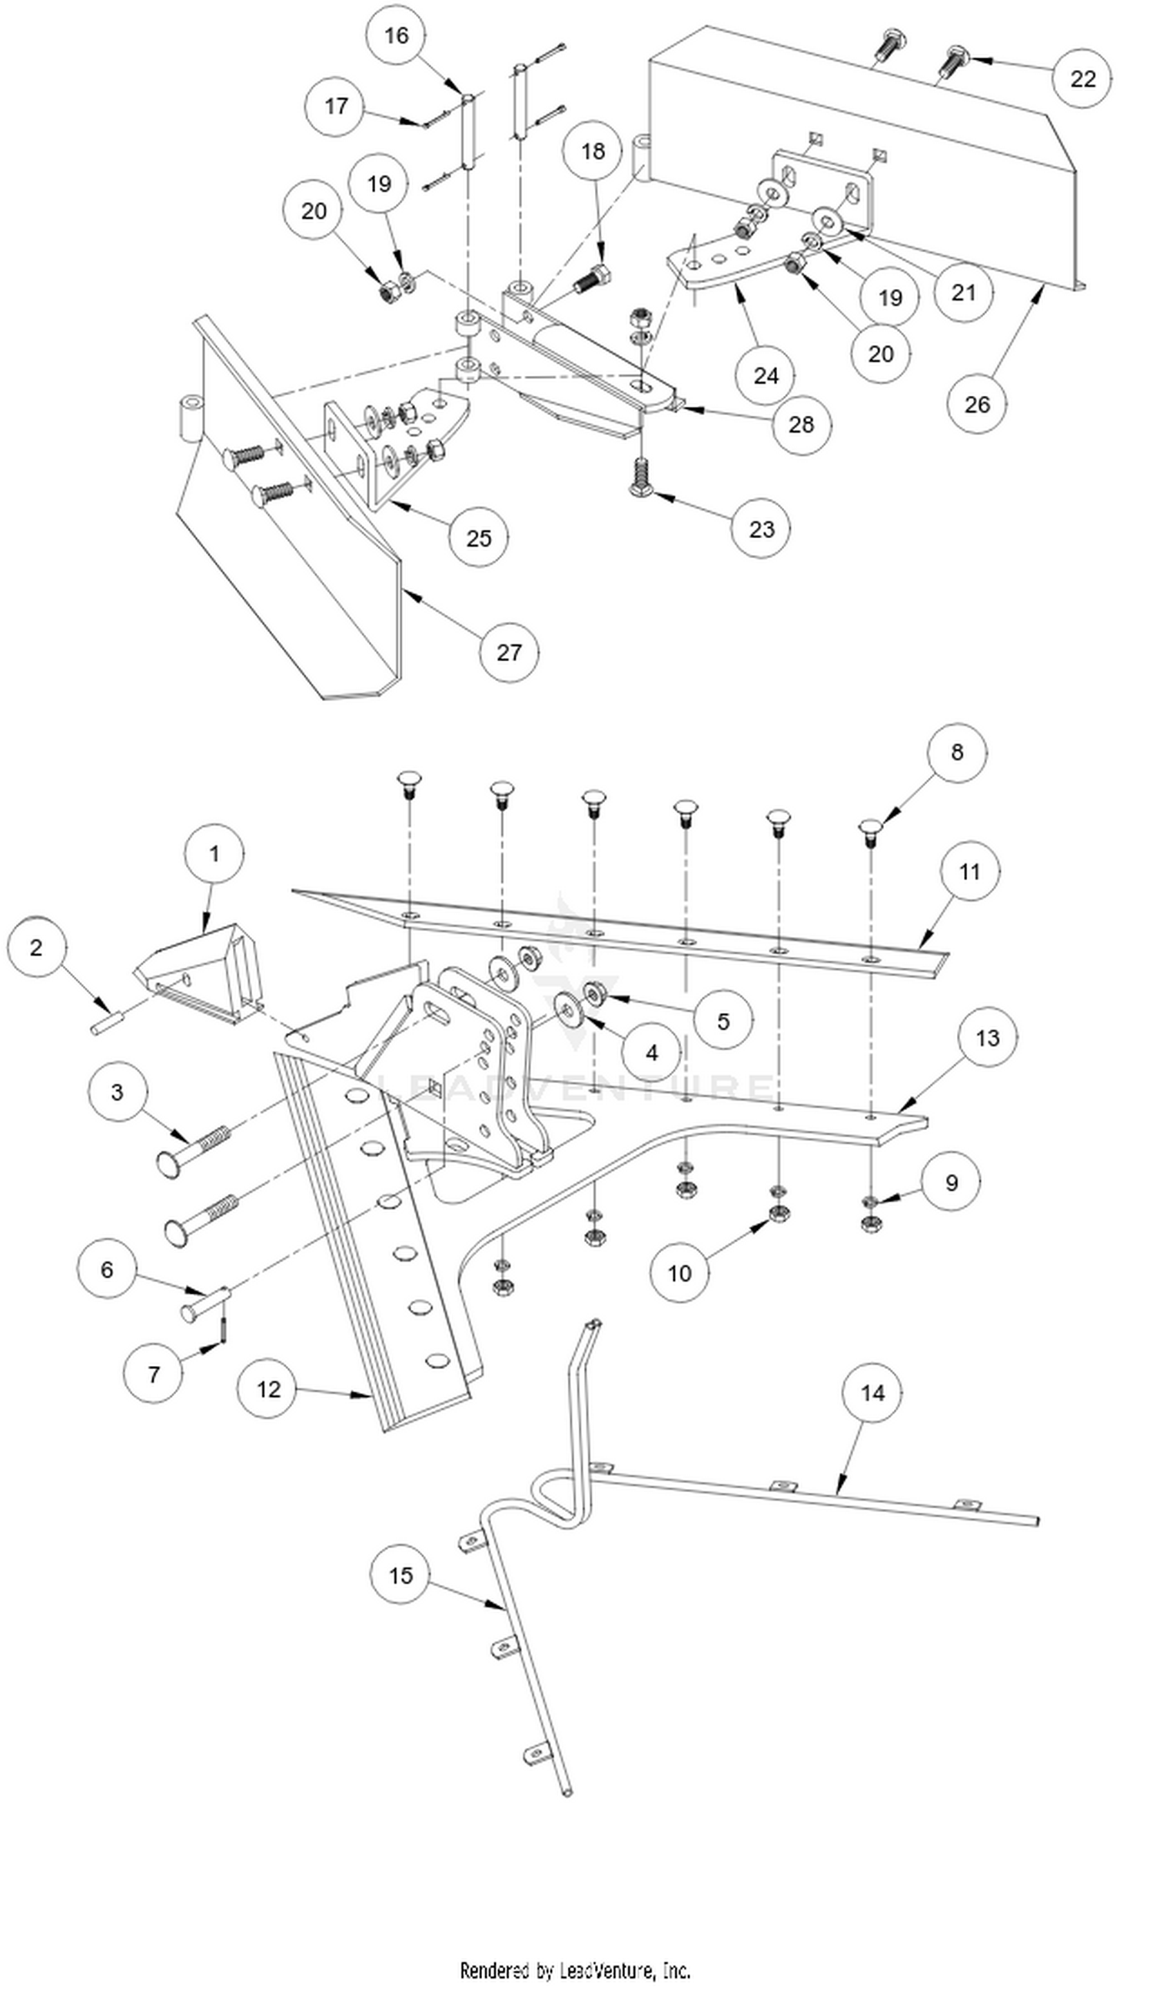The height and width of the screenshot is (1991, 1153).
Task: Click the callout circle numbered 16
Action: click(x=396, y=35)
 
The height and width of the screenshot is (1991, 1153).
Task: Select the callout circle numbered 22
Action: click(x=1082, y=78)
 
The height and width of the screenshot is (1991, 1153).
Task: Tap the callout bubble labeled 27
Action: click(x=509, y=652)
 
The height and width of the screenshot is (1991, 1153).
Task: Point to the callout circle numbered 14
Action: click(x=872, y=1392)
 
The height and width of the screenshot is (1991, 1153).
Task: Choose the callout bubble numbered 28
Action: click(x=800, y=424)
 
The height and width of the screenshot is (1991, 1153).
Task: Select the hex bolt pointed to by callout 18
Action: click(x=590, y=280)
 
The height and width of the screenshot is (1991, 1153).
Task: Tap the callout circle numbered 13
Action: click(x=987, y=1037)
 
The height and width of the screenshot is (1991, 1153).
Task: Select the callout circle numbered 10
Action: click(x=679, y=1272)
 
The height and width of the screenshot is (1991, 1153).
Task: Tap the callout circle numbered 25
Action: click(x=478, y=537)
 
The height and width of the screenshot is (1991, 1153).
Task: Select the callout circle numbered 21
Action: click(x=963, y=292)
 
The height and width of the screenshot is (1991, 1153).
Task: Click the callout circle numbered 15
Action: click(x=400, y=1574)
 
